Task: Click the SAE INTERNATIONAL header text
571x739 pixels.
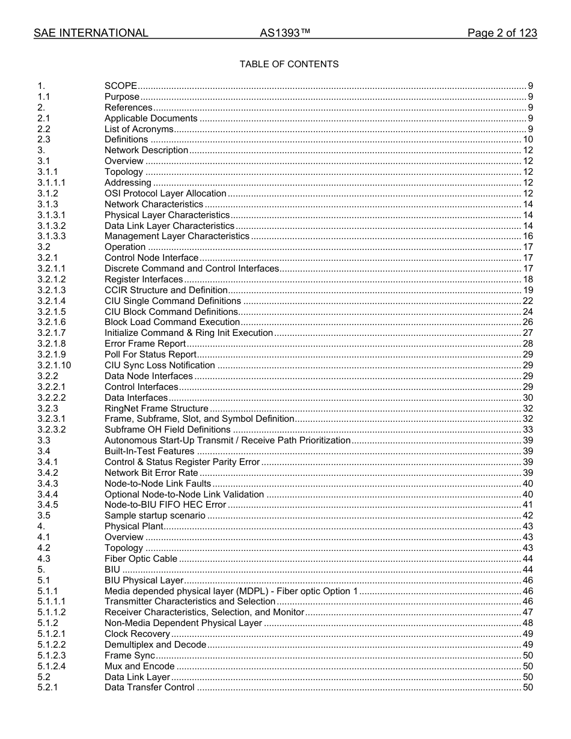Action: coord(91,33)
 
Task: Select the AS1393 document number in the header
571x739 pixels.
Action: coord(285,33)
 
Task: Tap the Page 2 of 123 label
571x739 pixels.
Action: coord(502,33)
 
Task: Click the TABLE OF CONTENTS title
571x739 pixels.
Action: coord(289,64)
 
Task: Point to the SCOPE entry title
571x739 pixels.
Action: coord(121,86)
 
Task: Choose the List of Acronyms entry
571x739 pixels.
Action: coord(139,129)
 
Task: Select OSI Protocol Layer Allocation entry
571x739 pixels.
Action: coord(165,193)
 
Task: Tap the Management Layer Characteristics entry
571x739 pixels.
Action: coord(177,236)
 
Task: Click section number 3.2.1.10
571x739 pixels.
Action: coord(54,365)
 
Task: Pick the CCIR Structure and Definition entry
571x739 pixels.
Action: coord(166,290)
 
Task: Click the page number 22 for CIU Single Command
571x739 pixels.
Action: coord(527,301)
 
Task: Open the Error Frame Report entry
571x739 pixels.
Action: coord(145,344)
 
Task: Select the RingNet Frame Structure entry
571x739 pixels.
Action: coord(156,409)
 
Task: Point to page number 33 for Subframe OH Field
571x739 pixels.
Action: coord(527,430)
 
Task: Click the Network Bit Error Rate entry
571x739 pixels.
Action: coord(151,473)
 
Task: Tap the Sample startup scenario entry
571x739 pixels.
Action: coord(154,515)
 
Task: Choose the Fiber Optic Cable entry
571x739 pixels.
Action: coord(141,559)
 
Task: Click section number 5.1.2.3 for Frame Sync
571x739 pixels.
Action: coord(51,655)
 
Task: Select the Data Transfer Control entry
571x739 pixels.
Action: coord(150,687)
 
